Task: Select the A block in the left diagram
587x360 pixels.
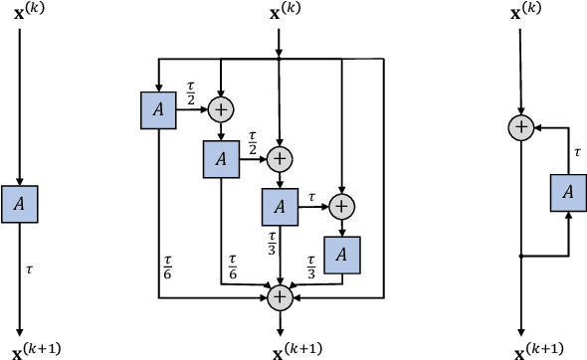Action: coord(20,203)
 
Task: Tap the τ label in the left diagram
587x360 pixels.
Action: coord(29,268)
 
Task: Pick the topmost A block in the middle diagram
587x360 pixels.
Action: coord(158,109)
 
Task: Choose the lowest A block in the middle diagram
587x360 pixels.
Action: coord(341,256)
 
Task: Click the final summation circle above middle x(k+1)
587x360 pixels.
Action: coord(280,295)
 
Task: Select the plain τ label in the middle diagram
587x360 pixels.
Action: coord(311,197)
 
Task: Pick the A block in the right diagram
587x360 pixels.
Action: coord(567,192)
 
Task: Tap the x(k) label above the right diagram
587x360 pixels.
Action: coord(520,14)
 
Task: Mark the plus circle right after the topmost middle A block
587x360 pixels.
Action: coord(219,109)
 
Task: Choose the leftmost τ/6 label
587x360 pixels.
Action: coord(167,268)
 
